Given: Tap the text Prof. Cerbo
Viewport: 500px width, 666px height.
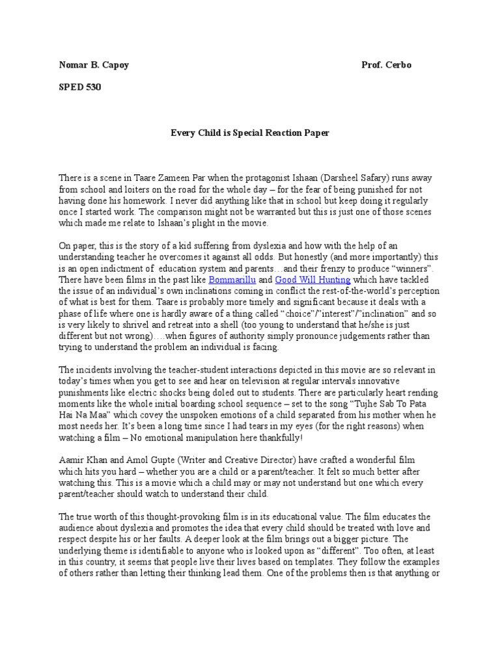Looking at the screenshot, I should [387, 66].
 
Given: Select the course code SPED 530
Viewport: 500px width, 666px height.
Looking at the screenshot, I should [76, 87].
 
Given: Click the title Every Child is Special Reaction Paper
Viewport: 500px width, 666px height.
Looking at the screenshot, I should [249, 133].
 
